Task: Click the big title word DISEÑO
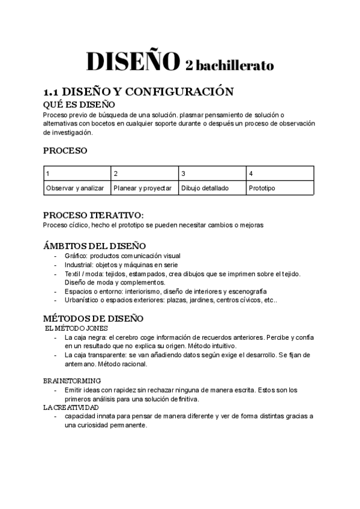coord(133,62)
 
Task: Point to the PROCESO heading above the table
coord(65,150)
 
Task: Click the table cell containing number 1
coord(77,173)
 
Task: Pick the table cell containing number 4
coord(280,173)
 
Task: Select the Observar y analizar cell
coord(77,187)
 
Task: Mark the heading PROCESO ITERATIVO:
coord(94,215)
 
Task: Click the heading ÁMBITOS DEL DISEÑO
coord(94,245)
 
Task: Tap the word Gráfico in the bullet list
coord(76,255)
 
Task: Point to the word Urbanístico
coord(83,300)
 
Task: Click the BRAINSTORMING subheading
coord(72,381)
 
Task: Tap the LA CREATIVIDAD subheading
coord(71,407)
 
